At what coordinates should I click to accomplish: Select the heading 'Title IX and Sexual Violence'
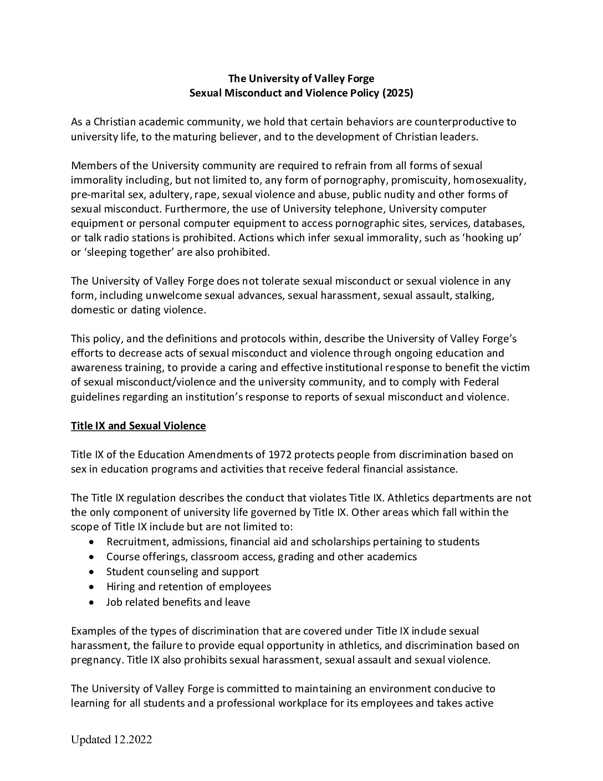(x=138, y=426)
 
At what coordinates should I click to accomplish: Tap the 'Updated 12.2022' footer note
(x=111, y=740)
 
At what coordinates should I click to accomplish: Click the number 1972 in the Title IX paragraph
(x=280, y=455)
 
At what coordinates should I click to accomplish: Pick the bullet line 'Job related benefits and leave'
(x=178, y=602)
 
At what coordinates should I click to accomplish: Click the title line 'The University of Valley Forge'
(x=301, y=79)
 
